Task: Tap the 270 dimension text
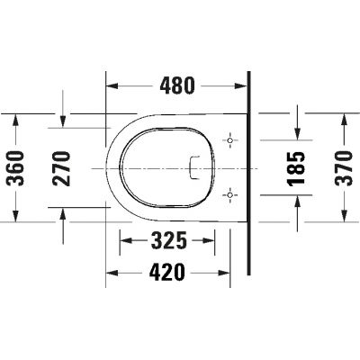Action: click(61, 167)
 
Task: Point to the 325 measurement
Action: click(167, 241)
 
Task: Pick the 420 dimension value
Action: click(167, 270)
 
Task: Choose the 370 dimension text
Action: click(346, 167)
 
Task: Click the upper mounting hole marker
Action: click(231, 141)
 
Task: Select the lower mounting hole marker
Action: click(231, 193)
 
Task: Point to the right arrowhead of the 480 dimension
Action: click(243, 86)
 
